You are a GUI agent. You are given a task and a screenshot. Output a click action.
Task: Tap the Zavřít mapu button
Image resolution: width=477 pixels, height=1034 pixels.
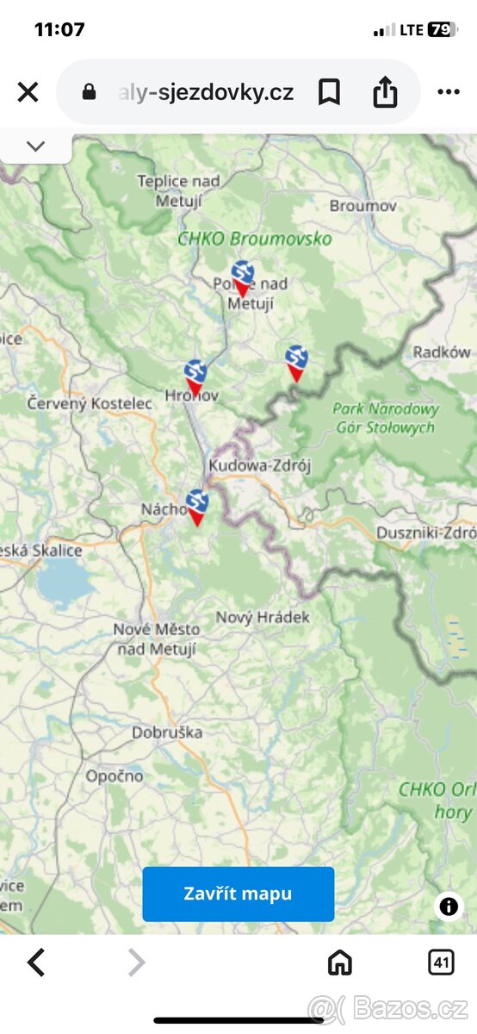point(238,894)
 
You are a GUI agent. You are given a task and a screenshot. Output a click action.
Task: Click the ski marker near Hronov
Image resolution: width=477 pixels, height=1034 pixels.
point(195,377)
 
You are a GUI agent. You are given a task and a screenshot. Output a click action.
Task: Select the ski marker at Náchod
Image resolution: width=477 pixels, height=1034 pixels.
point(197,506)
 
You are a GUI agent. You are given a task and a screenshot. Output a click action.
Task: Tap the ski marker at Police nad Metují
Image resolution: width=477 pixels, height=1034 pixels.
point(243,277)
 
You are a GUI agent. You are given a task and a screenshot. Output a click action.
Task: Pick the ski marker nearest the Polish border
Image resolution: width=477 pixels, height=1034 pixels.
point(296,362)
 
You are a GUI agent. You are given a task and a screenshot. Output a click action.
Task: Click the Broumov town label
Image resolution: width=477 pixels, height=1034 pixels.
point(363,206)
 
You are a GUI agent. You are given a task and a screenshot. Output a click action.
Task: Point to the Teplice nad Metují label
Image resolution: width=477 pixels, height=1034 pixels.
point(178,190)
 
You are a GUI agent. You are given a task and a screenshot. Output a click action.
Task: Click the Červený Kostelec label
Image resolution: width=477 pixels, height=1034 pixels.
point(90,402)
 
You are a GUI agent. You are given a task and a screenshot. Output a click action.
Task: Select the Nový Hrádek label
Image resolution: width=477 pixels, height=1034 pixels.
point(263,617)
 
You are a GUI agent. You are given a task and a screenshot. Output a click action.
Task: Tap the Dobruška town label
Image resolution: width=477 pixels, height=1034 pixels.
point(167,732)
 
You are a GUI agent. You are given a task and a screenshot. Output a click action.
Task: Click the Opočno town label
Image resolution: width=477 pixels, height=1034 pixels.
point(115,775)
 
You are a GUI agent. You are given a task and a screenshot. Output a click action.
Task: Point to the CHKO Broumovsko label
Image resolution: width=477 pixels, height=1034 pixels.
point(254,239)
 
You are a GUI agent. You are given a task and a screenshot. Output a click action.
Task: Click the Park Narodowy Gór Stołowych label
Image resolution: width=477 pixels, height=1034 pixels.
point(385,418)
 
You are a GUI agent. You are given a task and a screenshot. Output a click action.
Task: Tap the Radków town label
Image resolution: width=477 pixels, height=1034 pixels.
point(442,352)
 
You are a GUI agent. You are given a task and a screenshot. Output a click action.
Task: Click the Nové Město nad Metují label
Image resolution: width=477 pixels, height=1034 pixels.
point(156,639)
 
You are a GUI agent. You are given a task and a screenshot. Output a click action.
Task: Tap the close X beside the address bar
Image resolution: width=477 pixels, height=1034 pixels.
point(28,92)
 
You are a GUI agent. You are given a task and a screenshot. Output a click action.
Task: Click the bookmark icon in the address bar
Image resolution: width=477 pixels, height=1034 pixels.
point(329,92)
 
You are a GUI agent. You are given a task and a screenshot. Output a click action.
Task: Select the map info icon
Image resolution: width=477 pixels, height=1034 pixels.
point(449,906)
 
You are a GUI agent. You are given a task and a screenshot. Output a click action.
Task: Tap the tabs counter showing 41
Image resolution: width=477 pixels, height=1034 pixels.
point(441,962)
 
